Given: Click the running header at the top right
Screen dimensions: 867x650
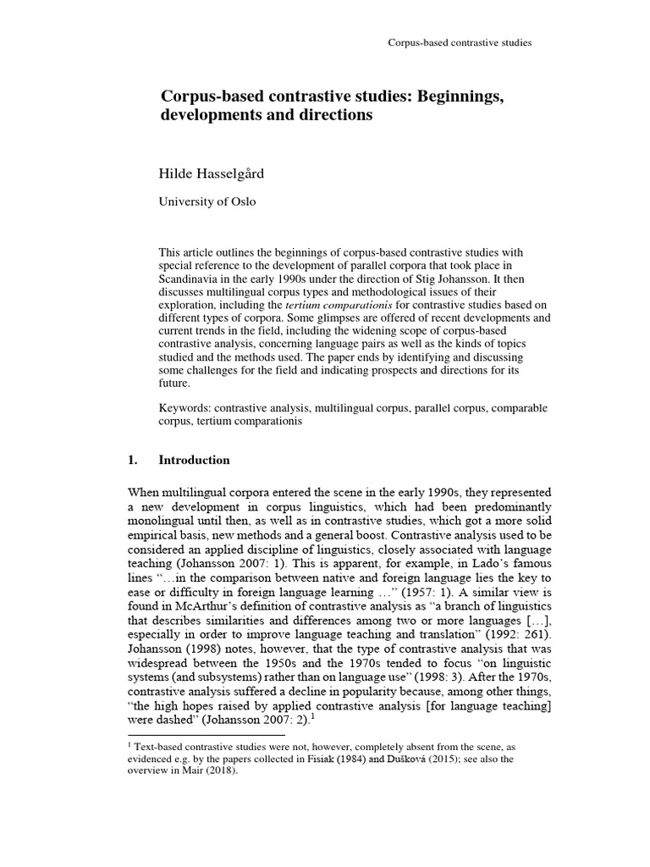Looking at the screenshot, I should coord(459,42).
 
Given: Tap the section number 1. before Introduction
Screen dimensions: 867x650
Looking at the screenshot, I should coord(131,461).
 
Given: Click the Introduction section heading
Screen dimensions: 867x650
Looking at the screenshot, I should coord(194,461).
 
